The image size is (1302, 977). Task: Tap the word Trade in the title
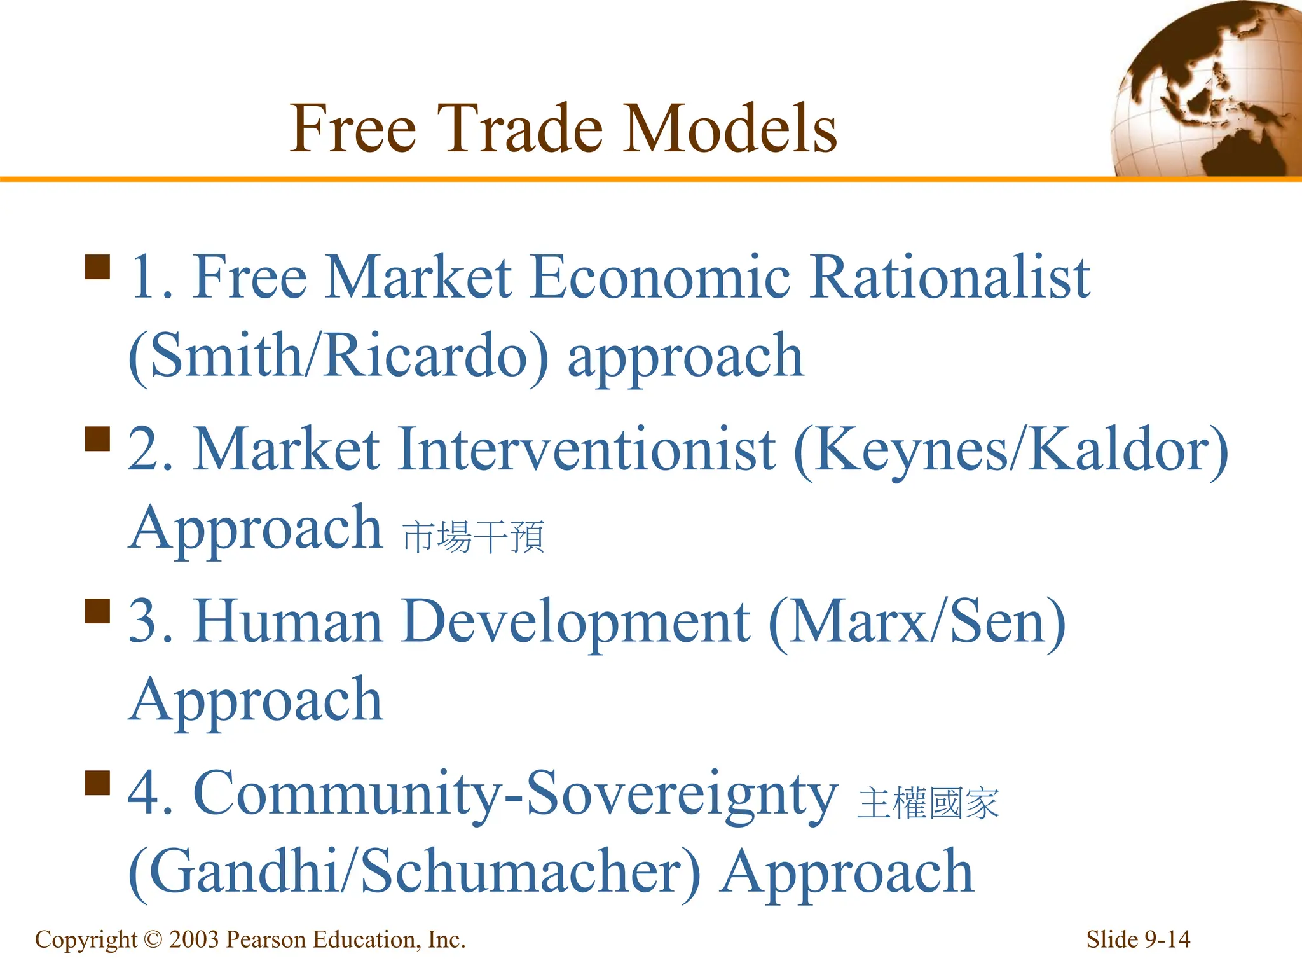point(519,129)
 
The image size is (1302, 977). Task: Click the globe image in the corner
point(1208,89)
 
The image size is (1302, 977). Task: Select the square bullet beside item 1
point(97,267)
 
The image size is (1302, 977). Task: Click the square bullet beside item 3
point(97,611)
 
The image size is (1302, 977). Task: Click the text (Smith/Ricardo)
point(338,357)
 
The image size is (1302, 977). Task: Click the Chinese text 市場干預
point(474,537)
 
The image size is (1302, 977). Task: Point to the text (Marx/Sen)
point(917,623)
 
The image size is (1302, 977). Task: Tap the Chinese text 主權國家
point(928,803)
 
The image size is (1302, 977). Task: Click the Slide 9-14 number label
point(1137,939)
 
